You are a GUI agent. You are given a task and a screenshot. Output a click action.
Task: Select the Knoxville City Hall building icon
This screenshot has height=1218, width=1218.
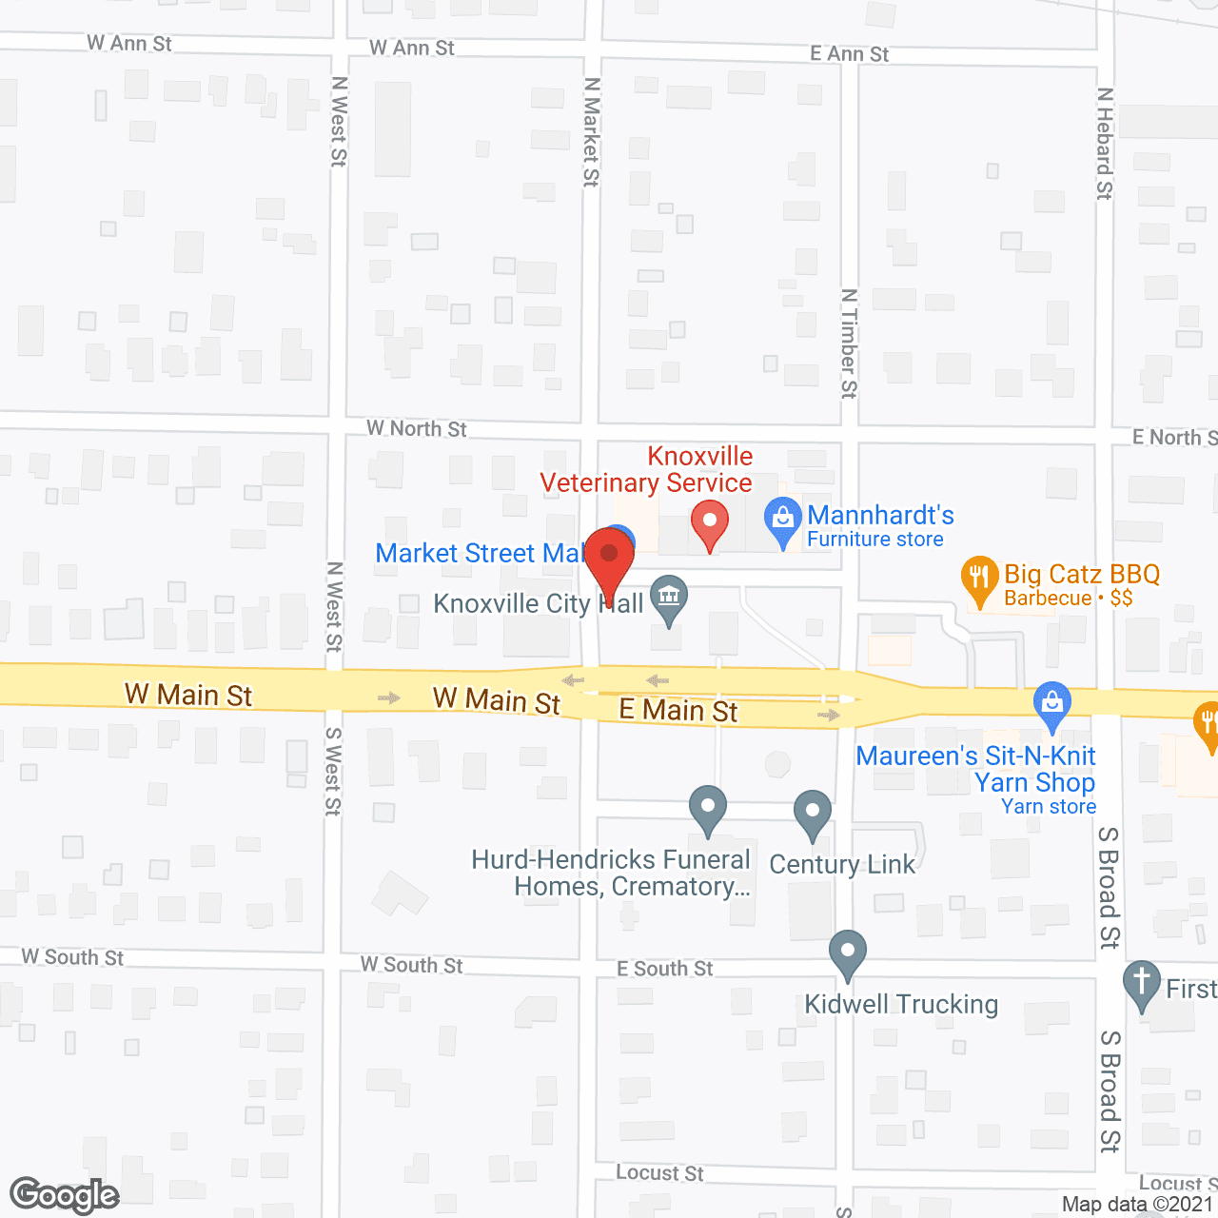pyautogui.click(x=669, y=599)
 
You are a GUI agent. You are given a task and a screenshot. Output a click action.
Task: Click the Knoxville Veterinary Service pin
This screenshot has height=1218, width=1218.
pyautogui.click(x=709, y=522)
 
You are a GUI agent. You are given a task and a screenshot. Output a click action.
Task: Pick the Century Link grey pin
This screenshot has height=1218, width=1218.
pyautogui.click(x=813, y=814)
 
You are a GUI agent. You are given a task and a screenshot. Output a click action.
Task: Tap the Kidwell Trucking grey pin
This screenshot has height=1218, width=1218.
pyautogui.click(x=847, y=953)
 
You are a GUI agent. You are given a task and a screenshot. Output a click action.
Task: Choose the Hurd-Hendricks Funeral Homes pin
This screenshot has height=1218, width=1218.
pyautogui.click(x=708, y=808)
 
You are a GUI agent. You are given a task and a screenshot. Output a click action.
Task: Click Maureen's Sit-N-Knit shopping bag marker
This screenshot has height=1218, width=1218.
pyautogui.click(x=1051, y=705)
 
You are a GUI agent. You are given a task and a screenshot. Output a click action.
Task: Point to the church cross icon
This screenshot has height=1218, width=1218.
pyautogui.click(x=1141, y=983)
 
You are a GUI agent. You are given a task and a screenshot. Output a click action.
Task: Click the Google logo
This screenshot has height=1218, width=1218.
pyautogui.click(x=64, y=1196)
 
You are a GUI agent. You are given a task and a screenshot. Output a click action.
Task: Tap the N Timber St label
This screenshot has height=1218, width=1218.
pyautogui.click(x=849, y=344)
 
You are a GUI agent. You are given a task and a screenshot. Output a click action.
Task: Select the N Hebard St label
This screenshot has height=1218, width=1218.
pyautogui.click(x=1104, y=144)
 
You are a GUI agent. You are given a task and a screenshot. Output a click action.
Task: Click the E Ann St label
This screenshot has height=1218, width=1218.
pyautogui.click(x=849, y=54)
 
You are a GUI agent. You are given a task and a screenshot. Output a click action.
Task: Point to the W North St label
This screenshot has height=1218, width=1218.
pyautogui.click(x=417, y=429)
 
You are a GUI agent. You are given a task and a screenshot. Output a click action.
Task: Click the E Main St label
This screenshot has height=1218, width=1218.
pyautogui.click(x=678, y=710)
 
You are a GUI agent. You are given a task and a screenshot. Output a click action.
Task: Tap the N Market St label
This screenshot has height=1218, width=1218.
pyautogui.click(x=592, y=132)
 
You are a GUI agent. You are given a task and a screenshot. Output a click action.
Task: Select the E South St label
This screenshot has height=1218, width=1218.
pyautogui.click(x=664, y=969)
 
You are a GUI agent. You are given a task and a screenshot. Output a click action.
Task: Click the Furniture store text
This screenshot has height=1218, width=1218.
pyautogui.click(x=875, y=540)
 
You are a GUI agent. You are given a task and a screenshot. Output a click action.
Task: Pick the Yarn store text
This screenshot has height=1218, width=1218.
pyautogui.click(x=1049, y=807)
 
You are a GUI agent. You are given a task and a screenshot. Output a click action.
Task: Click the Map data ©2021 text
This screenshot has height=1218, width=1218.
pyautogui.click(x=1137, y=1205)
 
